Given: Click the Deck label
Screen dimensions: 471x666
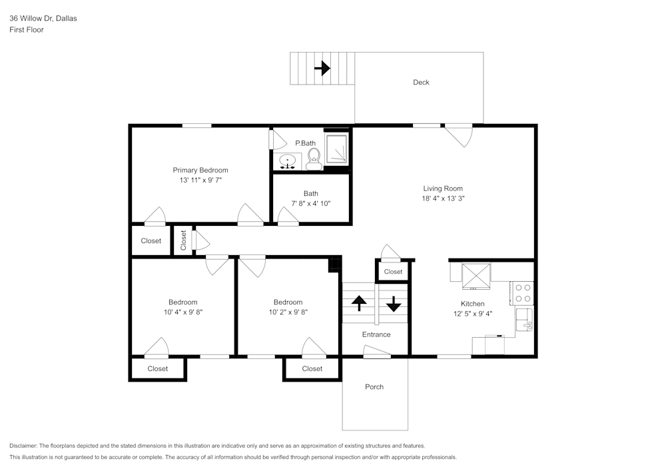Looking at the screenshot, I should [421, 83].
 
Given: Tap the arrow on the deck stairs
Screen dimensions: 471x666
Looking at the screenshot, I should [322, 68].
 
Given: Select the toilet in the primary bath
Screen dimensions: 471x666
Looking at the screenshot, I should [314, 157].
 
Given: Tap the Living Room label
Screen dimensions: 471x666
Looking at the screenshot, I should [443, 189].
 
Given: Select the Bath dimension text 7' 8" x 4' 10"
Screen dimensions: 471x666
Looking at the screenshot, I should [311, 204].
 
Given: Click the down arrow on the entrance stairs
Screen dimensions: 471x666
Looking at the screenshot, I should [394, 303].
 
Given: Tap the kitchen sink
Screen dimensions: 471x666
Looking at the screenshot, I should [524, 320].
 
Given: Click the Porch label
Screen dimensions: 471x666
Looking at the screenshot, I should [374, 387].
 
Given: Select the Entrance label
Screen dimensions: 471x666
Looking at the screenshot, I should [376, 334].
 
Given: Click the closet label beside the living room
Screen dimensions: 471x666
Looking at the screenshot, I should [393, 272].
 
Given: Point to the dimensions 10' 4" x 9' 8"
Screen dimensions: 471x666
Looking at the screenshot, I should [182, 312].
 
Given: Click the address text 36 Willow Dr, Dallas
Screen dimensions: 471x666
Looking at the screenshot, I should [43, 19].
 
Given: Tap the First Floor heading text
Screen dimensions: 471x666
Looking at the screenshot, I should [27, 30].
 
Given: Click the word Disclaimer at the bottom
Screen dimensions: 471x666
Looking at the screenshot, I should [24, 446].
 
